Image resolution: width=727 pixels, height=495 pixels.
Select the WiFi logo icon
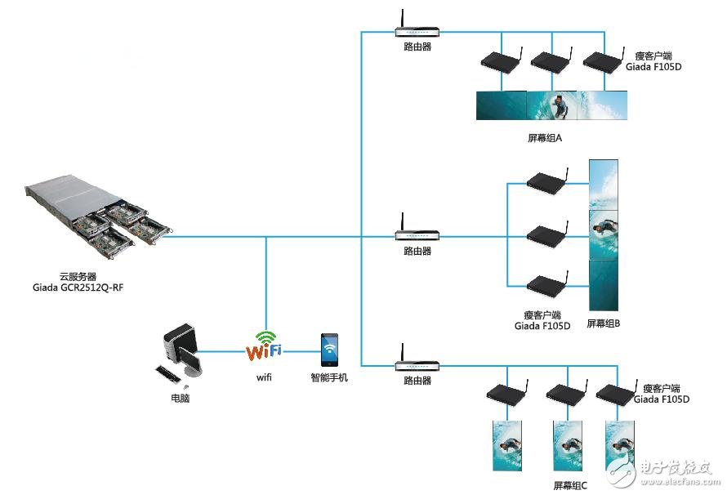(x=264, y=346)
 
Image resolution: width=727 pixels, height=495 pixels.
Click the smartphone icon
(x=329, y=350)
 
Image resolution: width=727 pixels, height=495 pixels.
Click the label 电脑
(x=180, y=399)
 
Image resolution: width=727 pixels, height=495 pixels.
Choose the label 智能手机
(x=329, y=378)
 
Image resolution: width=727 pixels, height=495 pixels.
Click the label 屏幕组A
(x=544, y=138)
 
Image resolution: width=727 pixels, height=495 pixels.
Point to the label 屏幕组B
(x=604, y=323)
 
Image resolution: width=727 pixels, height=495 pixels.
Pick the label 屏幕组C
(x=570, y=485)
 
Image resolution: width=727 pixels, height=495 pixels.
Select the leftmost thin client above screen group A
(x=500, y=60)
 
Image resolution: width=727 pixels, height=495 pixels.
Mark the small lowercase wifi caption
(x=264, y=377)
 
